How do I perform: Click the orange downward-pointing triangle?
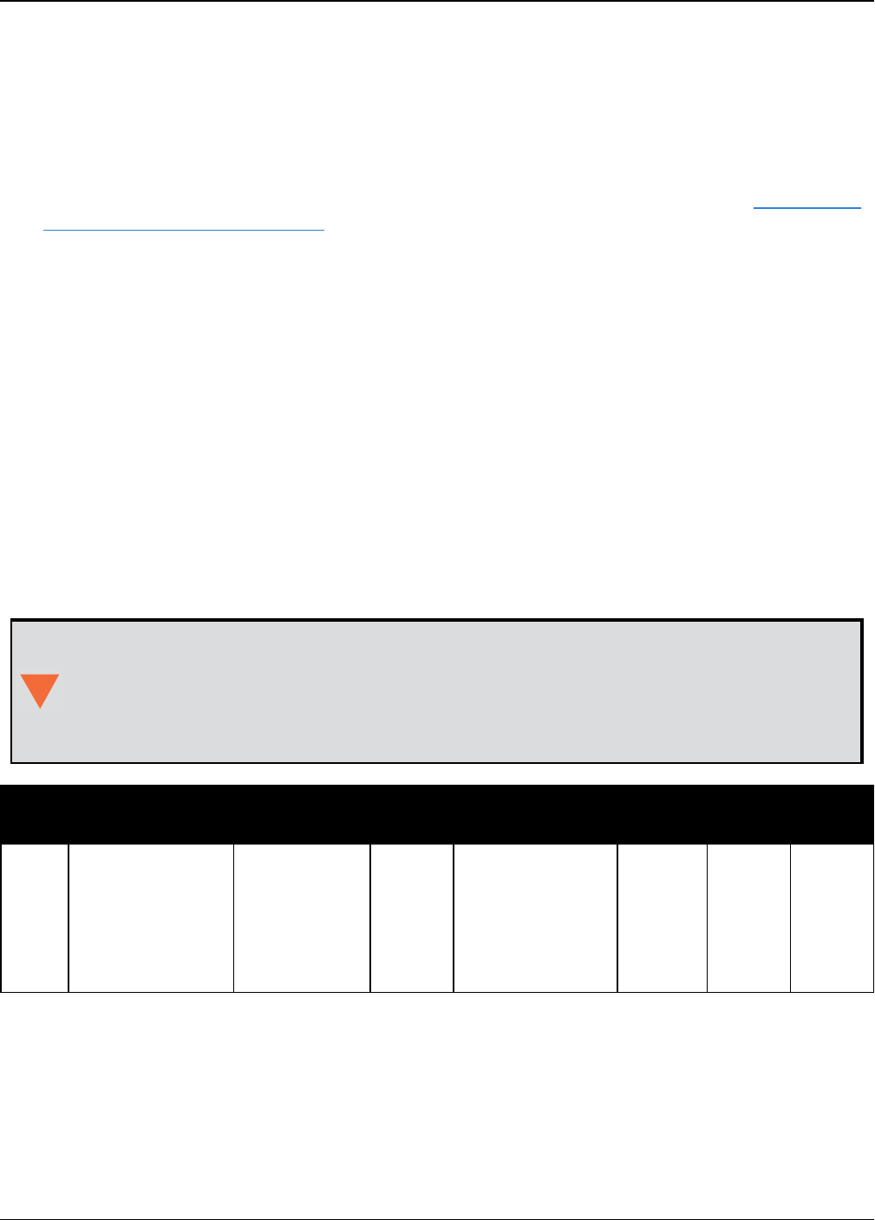pyautogui.click(x=40, y=688)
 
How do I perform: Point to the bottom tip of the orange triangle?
pyautogui.click(x=40, y=708)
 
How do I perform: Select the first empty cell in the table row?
pyautogui.click(x=35, y=917)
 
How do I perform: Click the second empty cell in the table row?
pyautogui.click(x=151, y=917)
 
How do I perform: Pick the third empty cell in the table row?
pyautogui.click(x=302, y=917)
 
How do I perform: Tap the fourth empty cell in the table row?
pyautogui.click(x=412, y=917)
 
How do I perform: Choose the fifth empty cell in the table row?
pyautogui.click(x=535, y=917)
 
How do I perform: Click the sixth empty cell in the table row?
pyautogui.click(x=662, y=917)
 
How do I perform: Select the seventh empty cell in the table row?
pyautogui.click(x=748, y=917)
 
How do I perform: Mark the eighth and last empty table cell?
pyautogui.click(x=832, y=917)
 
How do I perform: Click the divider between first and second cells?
pyautogui.click(x=69, y=917)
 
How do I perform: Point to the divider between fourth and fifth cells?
pyautogui.click(x=454, y=917)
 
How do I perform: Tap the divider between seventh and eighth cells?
pyautogui.click(x=790, y=917)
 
